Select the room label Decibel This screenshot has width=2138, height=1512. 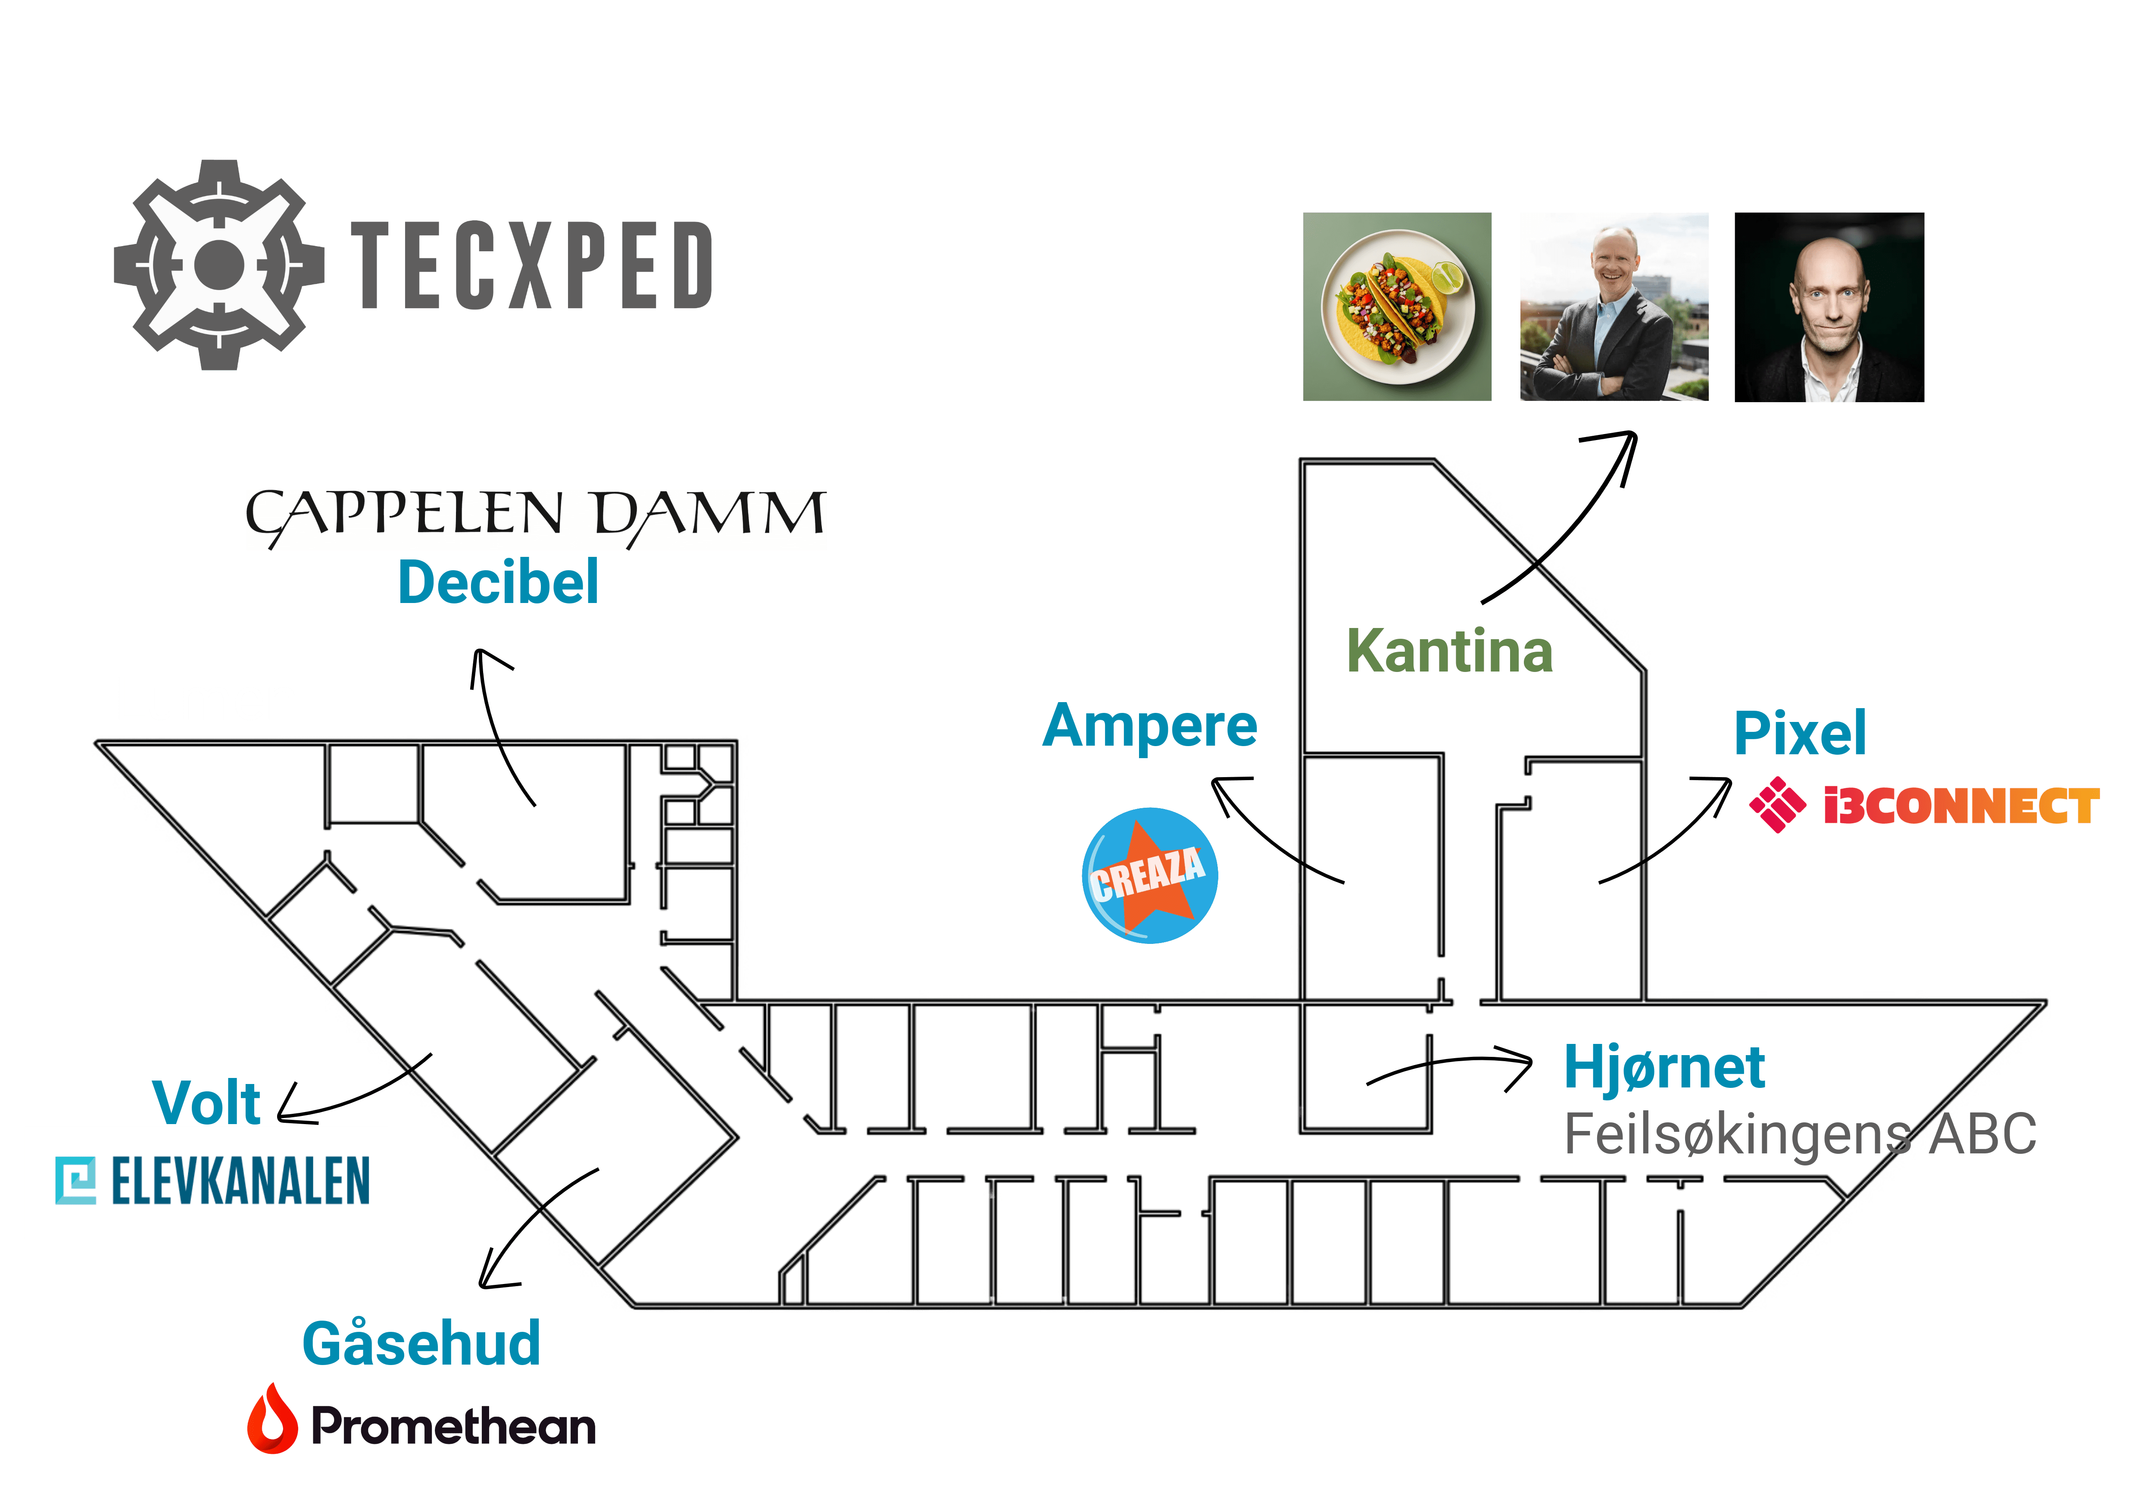tap(498, 583)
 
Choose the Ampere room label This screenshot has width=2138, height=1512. tap(1150, 726)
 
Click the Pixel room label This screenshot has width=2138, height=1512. tap(1800, 733)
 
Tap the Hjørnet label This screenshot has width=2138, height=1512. tap(1664, 1067)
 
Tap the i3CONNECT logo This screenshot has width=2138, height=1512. tap(1924, 805)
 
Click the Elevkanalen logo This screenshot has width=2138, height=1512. tap(207, 1181)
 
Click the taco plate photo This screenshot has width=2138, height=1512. tap(1397, 307)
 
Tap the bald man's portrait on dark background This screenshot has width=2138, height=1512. tap(1829, 307)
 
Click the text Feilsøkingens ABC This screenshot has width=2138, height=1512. tap(1799, 1134)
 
